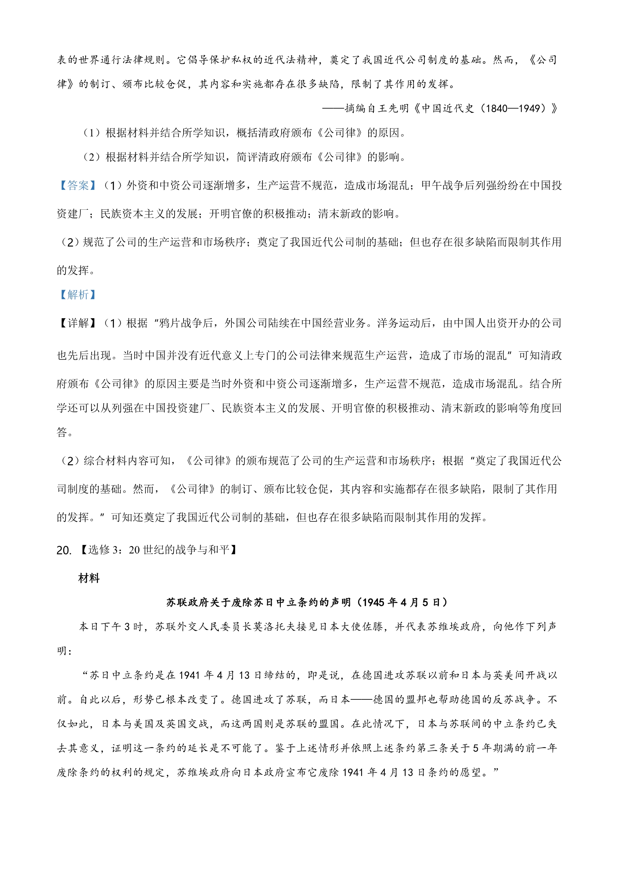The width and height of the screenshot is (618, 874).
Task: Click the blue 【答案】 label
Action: pos(78,186)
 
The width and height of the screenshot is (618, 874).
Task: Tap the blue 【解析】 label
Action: pos(78,295)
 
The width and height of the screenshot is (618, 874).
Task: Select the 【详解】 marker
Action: pos(78,323)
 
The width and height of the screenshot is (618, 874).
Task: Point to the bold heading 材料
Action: pos(89,578)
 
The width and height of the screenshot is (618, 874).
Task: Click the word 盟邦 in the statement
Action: pos(416,700)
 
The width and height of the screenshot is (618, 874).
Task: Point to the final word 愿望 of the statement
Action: pos(471,772)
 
